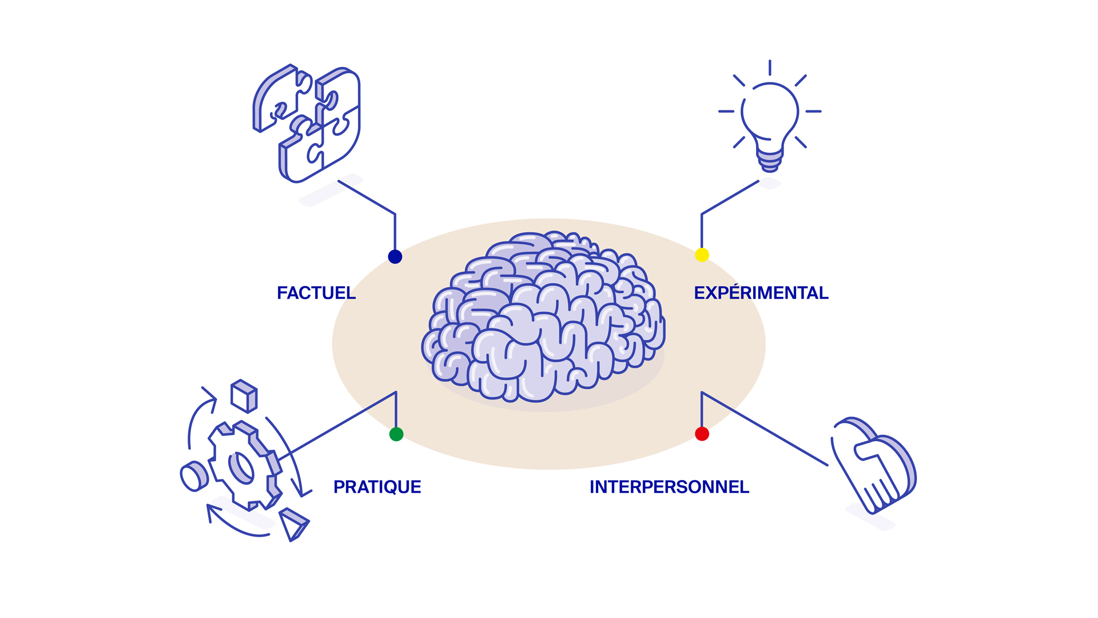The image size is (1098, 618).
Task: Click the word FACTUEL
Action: point(316,293)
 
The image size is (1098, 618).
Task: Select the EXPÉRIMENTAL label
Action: point(761,293)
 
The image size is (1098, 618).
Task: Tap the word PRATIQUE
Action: point(377,487)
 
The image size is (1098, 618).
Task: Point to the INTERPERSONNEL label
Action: point(669,487)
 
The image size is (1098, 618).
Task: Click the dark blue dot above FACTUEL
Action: point(395,256)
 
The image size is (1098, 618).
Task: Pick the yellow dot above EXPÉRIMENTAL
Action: point(702,255)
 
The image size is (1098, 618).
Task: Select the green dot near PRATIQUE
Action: point(396,434)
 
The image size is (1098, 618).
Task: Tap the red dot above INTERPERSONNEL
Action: point(702,434)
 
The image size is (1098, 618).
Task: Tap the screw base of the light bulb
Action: point(770,160)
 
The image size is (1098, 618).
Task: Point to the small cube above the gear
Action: point(244,396)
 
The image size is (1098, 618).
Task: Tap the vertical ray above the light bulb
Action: point(770,68)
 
